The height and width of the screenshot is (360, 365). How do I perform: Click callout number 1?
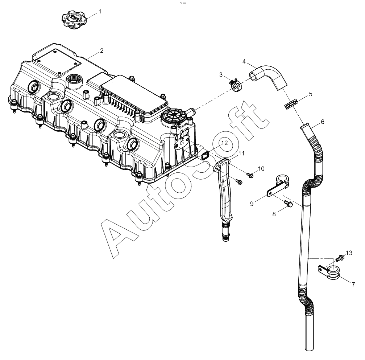coord(100,11)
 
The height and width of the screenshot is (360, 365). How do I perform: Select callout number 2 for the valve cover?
coord(101,51)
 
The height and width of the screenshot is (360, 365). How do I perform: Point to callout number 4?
coord(244,61)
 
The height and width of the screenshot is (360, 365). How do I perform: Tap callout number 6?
coord(322,122)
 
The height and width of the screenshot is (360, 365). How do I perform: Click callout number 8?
coord(274,214)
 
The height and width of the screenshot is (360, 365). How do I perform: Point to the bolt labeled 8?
coord(288,204)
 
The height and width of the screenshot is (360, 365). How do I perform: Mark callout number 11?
coord(241,154)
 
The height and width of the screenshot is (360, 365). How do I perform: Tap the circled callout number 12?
coord(224,143)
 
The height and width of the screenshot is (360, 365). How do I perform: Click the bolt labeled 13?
coord(340,259)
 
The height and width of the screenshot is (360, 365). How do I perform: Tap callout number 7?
coord(353,285)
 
